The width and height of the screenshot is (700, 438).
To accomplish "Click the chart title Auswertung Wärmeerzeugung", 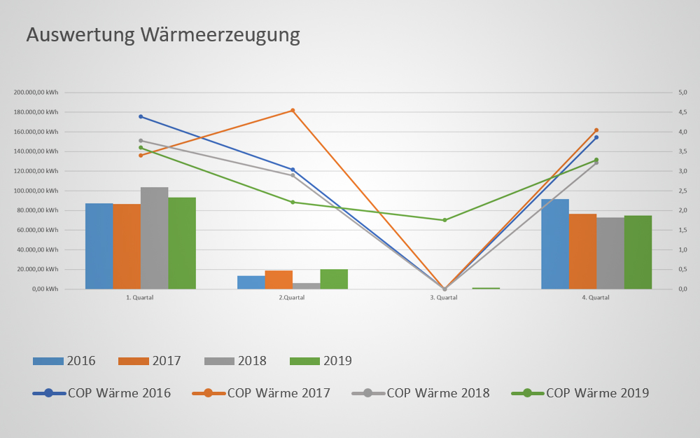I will click(163, 35).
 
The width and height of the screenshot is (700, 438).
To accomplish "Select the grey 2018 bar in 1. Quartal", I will click(154, 238).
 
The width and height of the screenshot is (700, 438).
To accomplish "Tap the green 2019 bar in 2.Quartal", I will click(334, 279).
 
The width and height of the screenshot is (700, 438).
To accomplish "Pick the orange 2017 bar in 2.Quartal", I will click(279, 280).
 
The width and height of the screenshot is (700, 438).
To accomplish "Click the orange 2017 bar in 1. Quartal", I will click(127, 246).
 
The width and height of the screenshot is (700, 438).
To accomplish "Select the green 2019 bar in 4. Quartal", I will click(638, 252).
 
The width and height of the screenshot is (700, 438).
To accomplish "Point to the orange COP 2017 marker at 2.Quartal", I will click(293, 111).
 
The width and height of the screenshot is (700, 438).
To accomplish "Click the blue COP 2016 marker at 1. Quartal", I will click(141, 116).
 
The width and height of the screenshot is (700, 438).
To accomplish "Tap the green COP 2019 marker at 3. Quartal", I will click(444, 220).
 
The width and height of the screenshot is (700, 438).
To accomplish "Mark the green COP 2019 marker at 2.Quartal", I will click(293, 202).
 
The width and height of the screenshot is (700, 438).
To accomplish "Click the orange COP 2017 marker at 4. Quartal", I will click(596, 130).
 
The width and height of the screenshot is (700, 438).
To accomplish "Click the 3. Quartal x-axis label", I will click(444, 298).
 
